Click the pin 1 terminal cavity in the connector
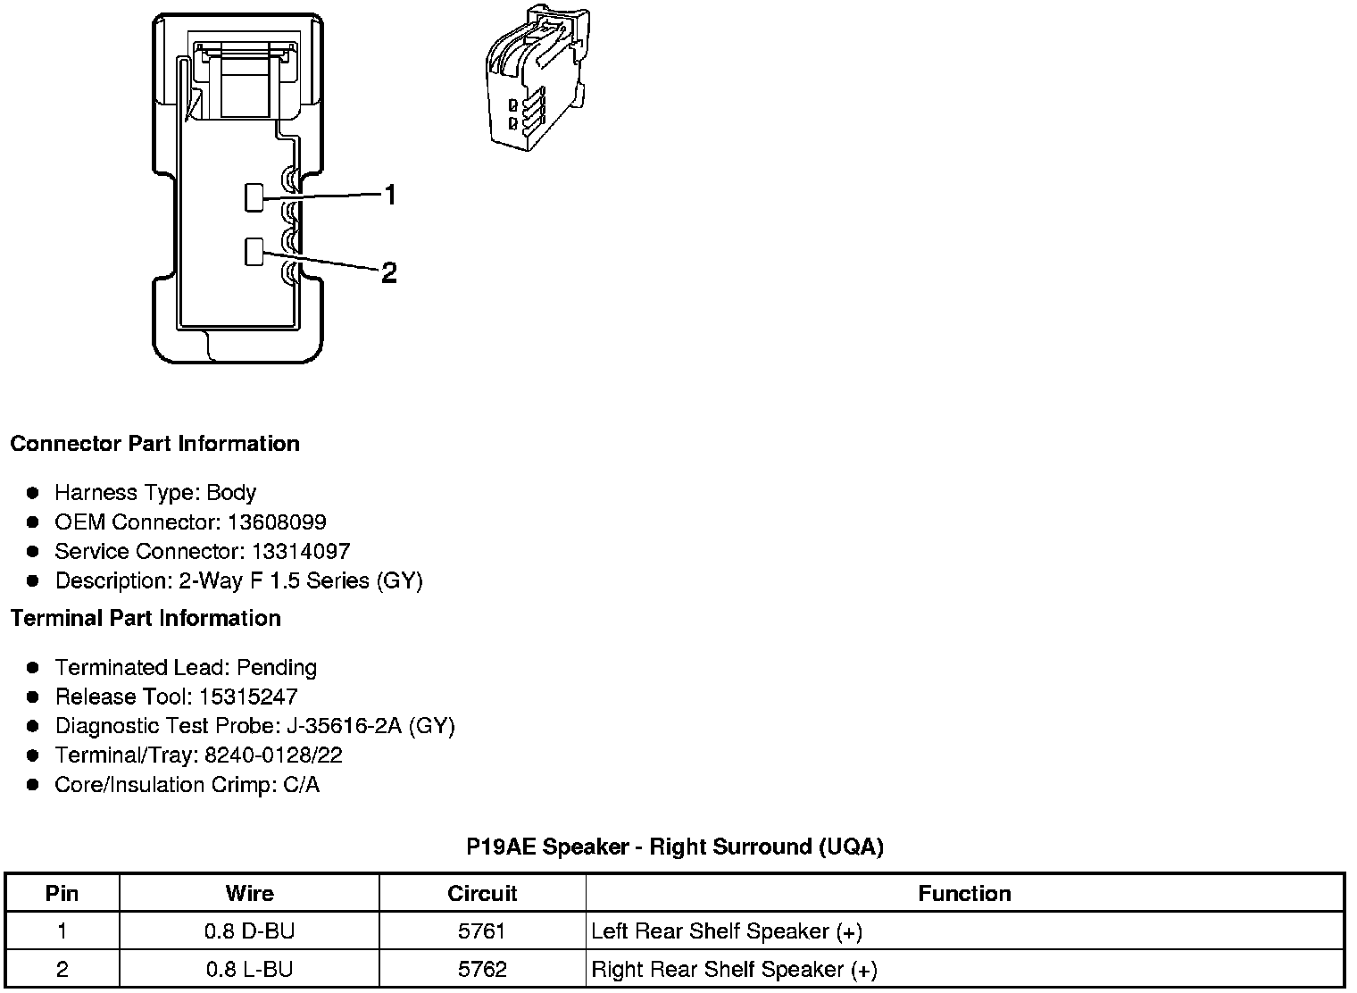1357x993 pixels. pyautogui.click(x=254, y=197)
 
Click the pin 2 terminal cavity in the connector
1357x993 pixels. pyautogui.click(x=254, y=252)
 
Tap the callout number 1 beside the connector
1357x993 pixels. pyautogui.click(x=389, y=195)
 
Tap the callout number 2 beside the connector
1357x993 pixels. pyautogui.click(x=388, y=272)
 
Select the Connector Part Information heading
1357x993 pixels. pyautogui.click(x=154, y=444)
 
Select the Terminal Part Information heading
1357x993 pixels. pyautogui.click(x=146, y=618)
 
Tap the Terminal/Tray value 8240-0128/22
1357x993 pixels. pyautogui.click(x=273, y=755)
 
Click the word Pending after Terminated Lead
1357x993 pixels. pyautogui.click(x=277, y=668)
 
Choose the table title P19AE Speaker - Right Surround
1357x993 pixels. pyautogui.click(x=674, y=847)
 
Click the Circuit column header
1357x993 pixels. pyautogui.click(x=482, y=894)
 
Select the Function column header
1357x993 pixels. pyautogui.click(x=964, y=894)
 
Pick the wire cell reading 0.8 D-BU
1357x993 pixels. pyautogui.click(x=249, y=931)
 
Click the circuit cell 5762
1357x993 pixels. pyautogui.click(x=482, y=970)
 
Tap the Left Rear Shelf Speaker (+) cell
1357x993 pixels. pyautogui.click(x=727, y=931)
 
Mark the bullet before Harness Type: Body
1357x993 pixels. pyautogui.click(x=33, y=493)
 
